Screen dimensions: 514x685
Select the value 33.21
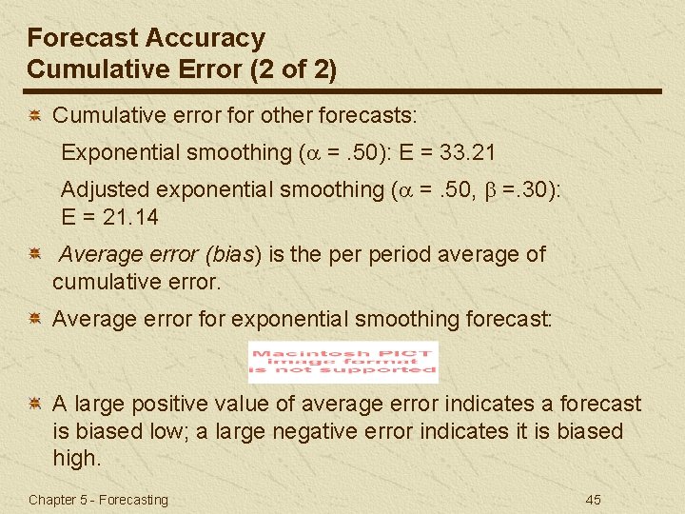tap(467, 152)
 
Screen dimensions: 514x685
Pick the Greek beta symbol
tap(504, 190)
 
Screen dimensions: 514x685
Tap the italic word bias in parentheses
tap(241, 254)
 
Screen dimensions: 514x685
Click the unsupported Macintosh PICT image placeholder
tap(342, 362)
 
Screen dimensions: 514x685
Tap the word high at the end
tap(76, 458)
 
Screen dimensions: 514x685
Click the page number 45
tap(593, 500)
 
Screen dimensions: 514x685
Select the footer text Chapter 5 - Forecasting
tap(98, 500)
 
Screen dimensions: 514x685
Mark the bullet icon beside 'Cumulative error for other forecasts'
tap(33, 116)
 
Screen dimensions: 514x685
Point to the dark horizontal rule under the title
tap(343, 91)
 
